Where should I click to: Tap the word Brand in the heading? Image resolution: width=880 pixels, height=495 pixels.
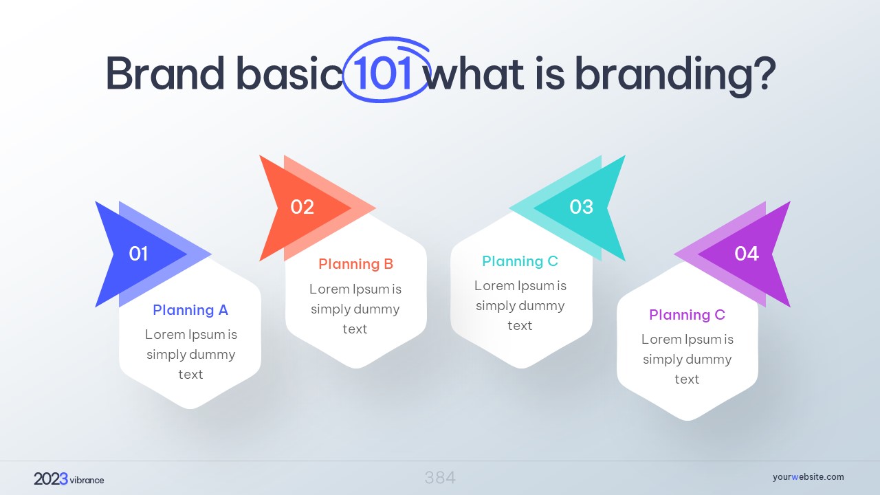166,73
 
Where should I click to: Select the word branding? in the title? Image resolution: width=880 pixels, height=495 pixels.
675,76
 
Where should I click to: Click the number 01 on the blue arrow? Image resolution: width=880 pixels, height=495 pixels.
138,254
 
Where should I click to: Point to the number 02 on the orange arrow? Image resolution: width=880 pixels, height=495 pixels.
302,207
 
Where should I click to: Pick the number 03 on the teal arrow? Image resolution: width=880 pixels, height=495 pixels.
582,207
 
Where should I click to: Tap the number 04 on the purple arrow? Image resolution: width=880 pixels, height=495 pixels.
747,254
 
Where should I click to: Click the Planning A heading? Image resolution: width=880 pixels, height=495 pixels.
190,310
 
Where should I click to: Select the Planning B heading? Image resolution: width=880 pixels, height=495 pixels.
356,264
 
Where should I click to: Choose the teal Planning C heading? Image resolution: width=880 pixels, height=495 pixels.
520,261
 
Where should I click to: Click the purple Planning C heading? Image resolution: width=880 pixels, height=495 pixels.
687,315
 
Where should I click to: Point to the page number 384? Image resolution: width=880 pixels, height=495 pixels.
440,478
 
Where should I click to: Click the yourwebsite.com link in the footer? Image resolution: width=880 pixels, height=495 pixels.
808,477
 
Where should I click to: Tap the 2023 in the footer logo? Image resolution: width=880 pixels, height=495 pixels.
51,479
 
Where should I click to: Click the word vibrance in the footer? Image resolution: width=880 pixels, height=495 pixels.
87,480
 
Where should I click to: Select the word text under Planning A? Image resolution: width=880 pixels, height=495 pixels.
190,375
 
